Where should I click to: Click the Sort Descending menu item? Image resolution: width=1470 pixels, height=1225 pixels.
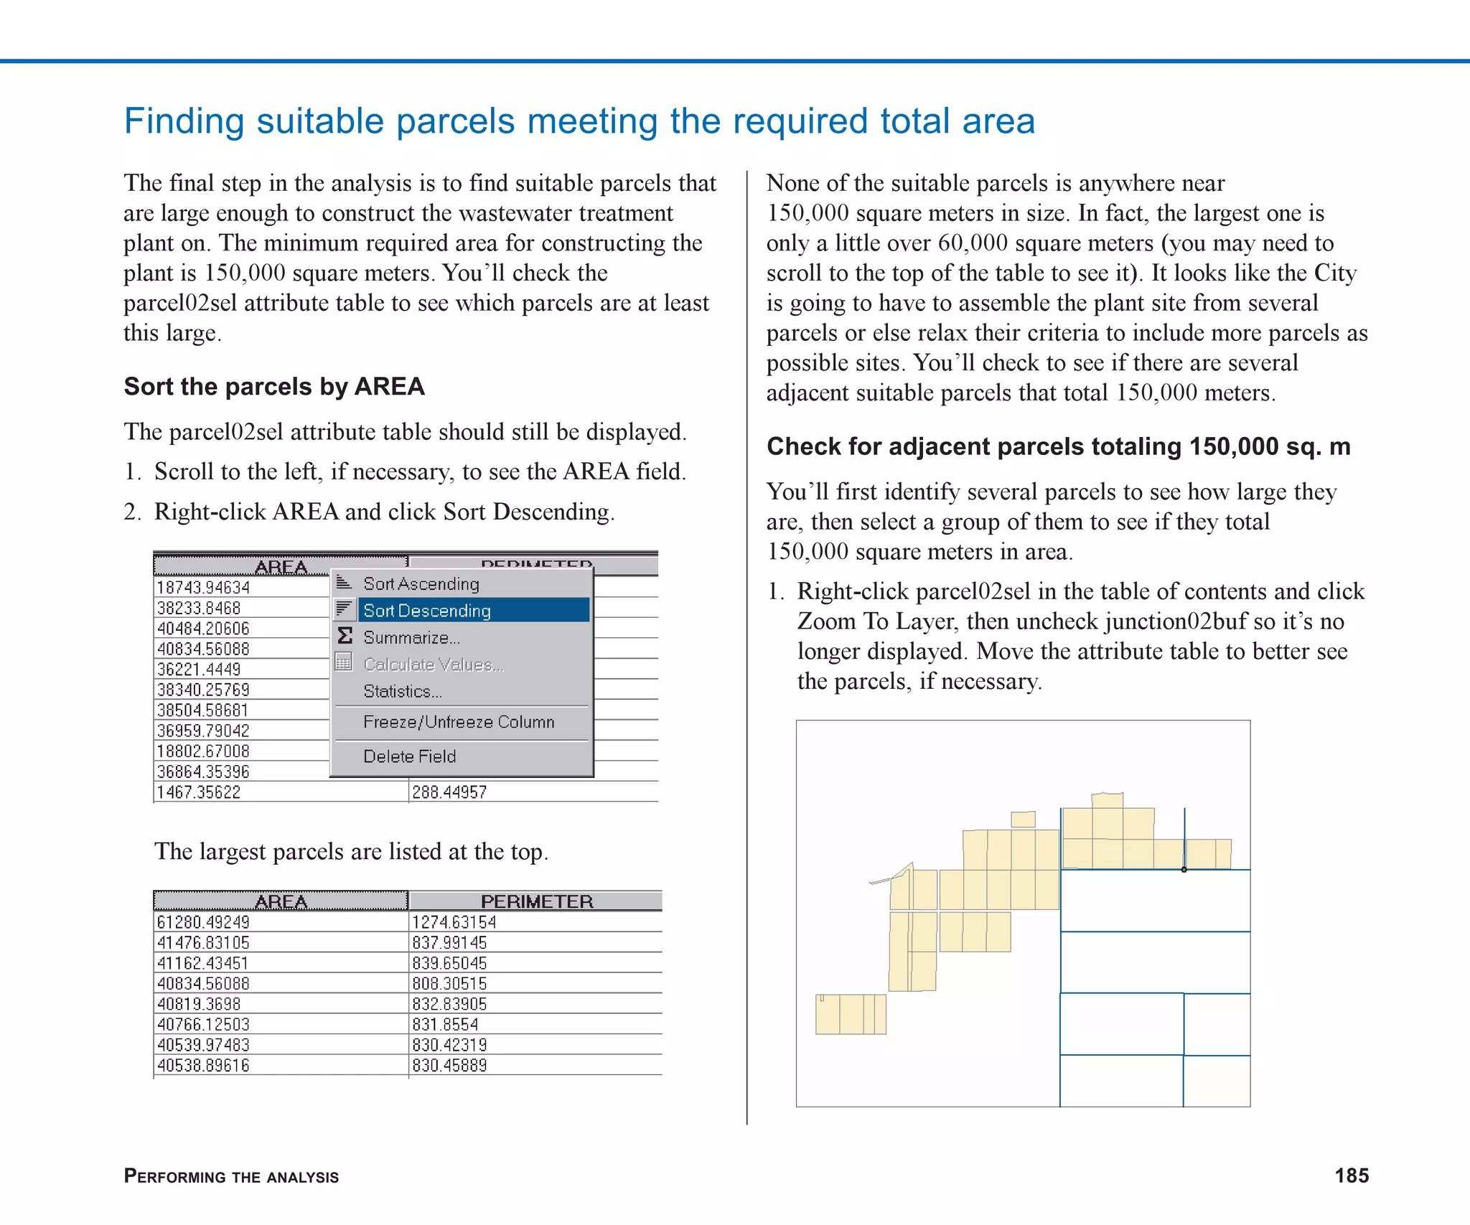pyautogui.click(x=426, y=611)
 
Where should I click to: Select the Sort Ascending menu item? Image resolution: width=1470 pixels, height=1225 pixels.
pyautogui.click(x=421, y=583)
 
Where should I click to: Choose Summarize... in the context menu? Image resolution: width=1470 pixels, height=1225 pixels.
pyautogui.click(x=411, y=637)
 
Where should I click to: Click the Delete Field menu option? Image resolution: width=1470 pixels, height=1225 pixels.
pyautogui.click(x=409, y=756)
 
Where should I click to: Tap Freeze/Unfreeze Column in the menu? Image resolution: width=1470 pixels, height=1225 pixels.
pyautogui.click(x=459, y=722)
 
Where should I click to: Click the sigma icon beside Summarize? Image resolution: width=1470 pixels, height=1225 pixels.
pyautogui.click(x=345, y=636)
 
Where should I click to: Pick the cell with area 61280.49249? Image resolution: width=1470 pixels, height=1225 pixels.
pyautogui.click(x=203, y=922)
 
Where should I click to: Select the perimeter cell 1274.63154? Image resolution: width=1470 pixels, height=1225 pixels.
pyautogui.click(x=454, y=922)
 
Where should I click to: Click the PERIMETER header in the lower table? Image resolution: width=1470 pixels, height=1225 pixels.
pyautogui.click(x=536, y=901)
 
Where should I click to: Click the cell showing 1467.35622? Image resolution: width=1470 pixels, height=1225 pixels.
pyautogui.click(x=199, y=792)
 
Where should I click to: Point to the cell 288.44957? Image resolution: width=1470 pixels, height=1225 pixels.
pyautogui.click(x=449, y=792)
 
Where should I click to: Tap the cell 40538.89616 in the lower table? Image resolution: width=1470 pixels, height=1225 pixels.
pyautogui.click(x=203, y=1066)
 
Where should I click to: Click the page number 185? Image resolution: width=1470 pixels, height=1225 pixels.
pyautogui.click(x=1351, y=1175)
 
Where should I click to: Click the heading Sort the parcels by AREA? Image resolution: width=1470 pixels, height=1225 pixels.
pyautogui.click(x=274, y=387)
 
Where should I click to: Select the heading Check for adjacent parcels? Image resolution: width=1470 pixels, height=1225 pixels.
pyautogui.click(x=1058, y=446)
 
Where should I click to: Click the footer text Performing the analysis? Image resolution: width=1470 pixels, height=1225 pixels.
pyautogui.click(x=231, y=1176)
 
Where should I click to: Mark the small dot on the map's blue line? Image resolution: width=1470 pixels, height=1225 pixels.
pyautogui.click(x=1184, y=870)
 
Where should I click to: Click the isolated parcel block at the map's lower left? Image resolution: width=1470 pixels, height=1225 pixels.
pyautogui.click(x=851, y=1014)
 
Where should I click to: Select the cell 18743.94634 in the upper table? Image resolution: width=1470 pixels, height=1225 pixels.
pyautogui.click(x=203, y=588)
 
